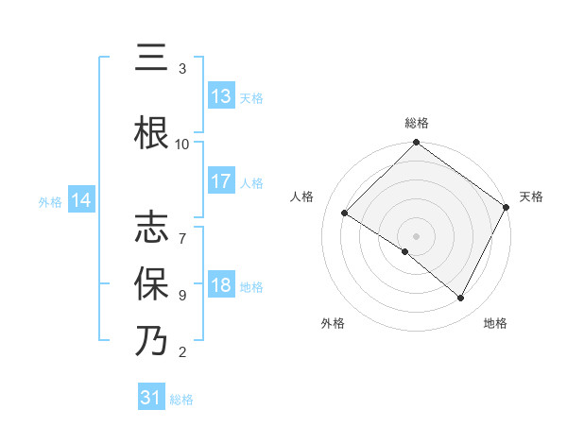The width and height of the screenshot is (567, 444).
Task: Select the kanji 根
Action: click(151, 131)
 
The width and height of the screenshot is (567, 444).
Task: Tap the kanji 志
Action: click(151, 230)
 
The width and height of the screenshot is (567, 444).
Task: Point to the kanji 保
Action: click(151, 284)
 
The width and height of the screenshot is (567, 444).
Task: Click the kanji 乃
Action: click(151, 341)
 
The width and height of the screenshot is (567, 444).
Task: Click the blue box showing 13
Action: click(221, 96)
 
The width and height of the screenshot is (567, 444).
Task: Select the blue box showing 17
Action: click(221, 182)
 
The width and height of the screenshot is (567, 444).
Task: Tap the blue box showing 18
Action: click(221, 286)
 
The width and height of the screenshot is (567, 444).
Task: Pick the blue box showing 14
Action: click(81, 200)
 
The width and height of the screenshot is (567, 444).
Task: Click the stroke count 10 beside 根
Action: click(182, 144)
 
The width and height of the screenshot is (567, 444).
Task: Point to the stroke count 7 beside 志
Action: click(182, 229)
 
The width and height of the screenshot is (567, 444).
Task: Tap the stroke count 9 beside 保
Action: click(182, 295)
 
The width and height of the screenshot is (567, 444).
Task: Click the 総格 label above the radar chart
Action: click(417, 124)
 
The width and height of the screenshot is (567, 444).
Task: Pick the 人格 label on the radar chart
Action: click(301, 197)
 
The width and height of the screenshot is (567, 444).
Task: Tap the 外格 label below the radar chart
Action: click(333, 324)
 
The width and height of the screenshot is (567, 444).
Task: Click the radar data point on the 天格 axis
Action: click(507, 206)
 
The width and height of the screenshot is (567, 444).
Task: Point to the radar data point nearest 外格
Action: click(405, 251)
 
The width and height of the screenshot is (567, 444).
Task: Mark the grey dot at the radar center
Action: click(417, 235)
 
